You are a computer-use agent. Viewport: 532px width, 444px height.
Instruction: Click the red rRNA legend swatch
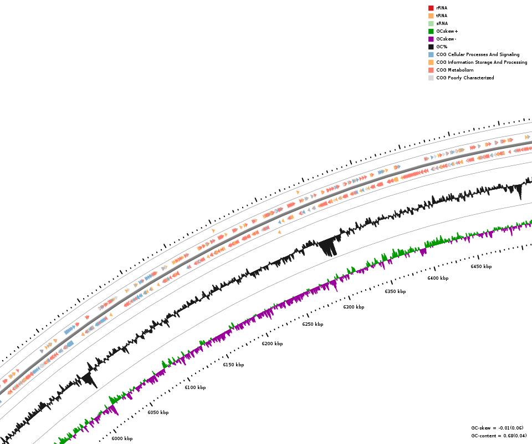(431, 8)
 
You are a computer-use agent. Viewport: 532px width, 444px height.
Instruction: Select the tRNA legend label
(442, 16)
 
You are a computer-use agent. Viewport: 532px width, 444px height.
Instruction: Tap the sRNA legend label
(442, 23)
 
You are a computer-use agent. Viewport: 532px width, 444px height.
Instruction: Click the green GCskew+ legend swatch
(431, 31)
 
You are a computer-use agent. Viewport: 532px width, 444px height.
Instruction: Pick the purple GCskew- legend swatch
(431, 39)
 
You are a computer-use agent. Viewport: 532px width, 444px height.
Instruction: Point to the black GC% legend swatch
(431, 47)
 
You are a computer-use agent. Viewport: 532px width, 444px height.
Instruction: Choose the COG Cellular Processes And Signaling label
(478, 54)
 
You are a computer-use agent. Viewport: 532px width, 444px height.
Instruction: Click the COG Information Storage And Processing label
(482, 62)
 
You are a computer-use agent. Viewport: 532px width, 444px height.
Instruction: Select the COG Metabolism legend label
(454, 70)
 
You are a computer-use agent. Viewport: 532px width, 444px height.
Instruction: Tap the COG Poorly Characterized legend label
(465, 78)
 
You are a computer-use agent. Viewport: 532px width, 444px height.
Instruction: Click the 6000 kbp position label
(122, 438)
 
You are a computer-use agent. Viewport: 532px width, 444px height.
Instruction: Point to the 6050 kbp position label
(158, 412)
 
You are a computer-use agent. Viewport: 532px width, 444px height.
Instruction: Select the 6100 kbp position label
(195, 387)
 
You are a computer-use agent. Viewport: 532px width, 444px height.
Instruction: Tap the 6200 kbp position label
(272, 344)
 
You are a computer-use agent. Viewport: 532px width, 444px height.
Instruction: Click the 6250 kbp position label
(313, 324)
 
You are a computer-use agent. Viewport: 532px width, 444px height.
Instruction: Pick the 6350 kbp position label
(395, 291)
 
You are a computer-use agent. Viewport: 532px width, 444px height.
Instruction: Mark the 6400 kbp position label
(438, 278)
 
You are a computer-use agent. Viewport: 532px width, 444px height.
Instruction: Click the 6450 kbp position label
(481, 266)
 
